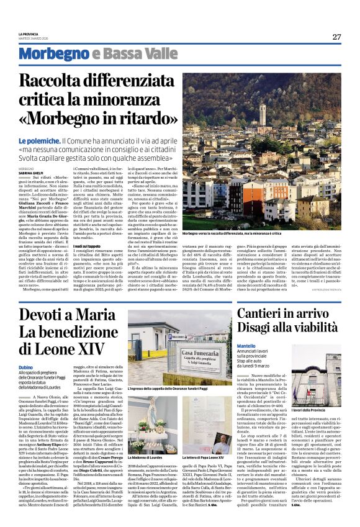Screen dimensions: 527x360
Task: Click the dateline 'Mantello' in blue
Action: [x=254, y=345]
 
